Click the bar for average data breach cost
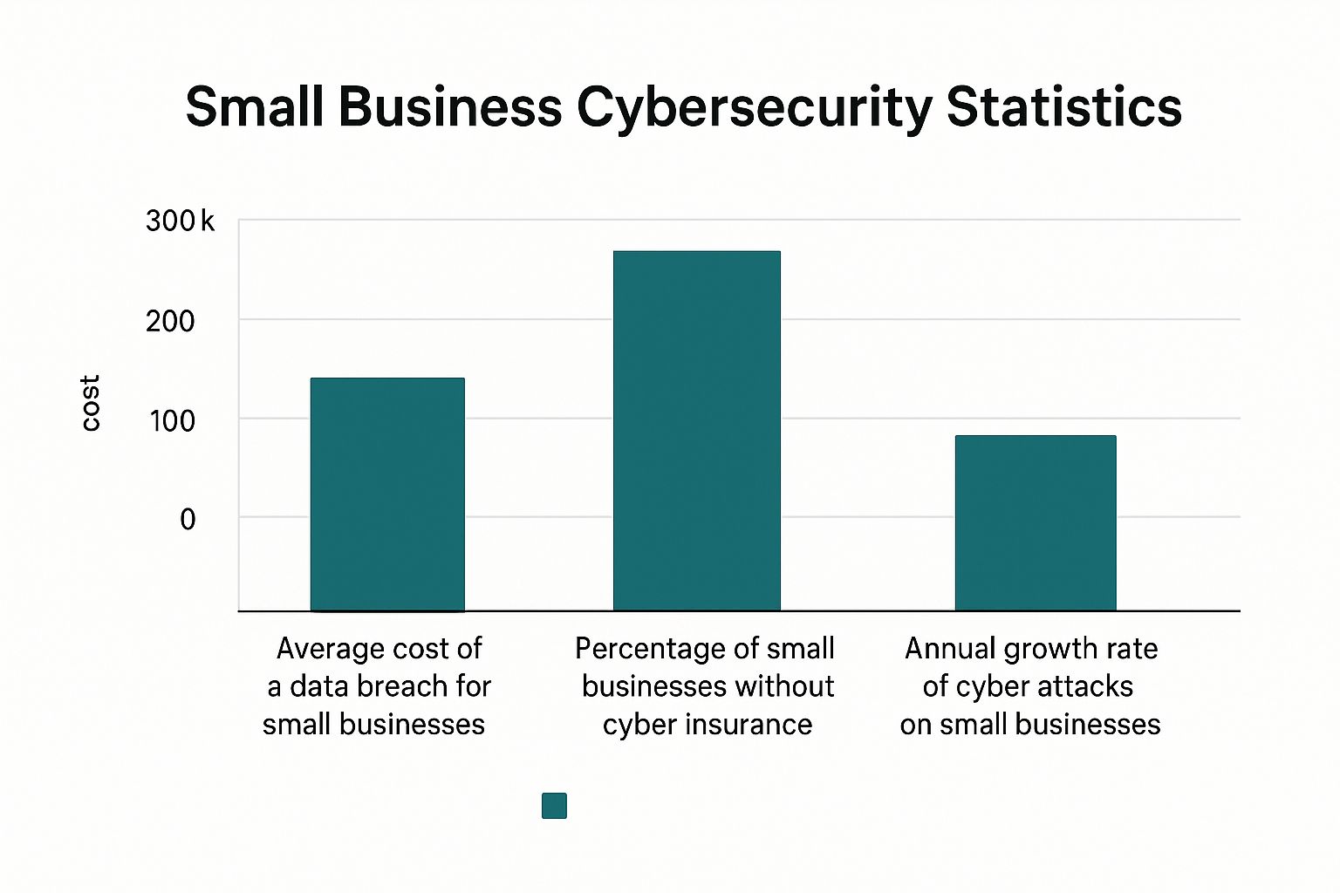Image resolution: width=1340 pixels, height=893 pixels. click(387, 494)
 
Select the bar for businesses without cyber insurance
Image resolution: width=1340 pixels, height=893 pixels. click(696, 431)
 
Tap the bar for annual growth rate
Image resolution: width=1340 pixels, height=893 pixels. click(1036, 522)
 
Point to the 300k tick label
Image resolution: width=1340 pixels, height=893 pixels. click(180, 222)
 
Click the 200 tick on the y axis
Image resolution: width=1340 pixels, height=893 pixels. click(170, 321)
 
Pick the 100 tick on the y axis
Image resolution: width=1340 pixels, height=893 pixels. click(171, 421)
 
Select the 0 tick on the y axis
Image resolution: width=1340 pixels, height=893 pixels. click(188, 520)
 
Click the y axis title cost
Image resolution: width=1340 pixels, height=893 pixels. click(90, 403)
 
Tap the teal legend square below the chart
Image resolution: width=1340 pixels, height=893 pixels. click(554, 806)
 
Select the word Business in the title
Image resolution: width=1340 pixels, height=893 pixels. click(450, 107)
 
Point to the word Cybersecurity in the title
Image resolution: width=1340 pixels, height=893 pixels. click(754, 109)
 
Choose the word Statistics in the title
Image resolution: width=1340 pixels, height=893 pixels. click(1063, 107)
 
